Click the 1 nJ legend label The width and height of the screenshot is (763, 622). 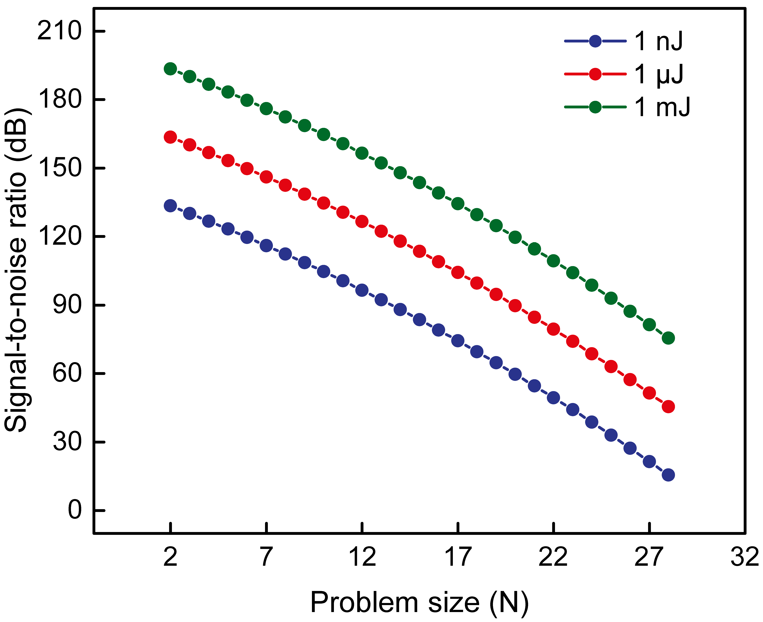click(x=658, y=42)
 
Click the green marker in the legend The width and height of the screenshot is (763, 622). click(x=595, y=107)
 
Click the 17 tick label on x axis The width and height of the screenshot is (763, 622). click(x=458, y=558)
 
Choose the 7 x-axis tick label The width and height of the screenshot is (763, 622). click(x=266, y=558)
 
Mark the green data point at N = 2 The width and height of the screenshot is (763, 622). click(x=170, y=69)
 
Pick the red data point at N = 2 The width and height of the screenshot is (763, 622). click(x=170, y=137)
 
